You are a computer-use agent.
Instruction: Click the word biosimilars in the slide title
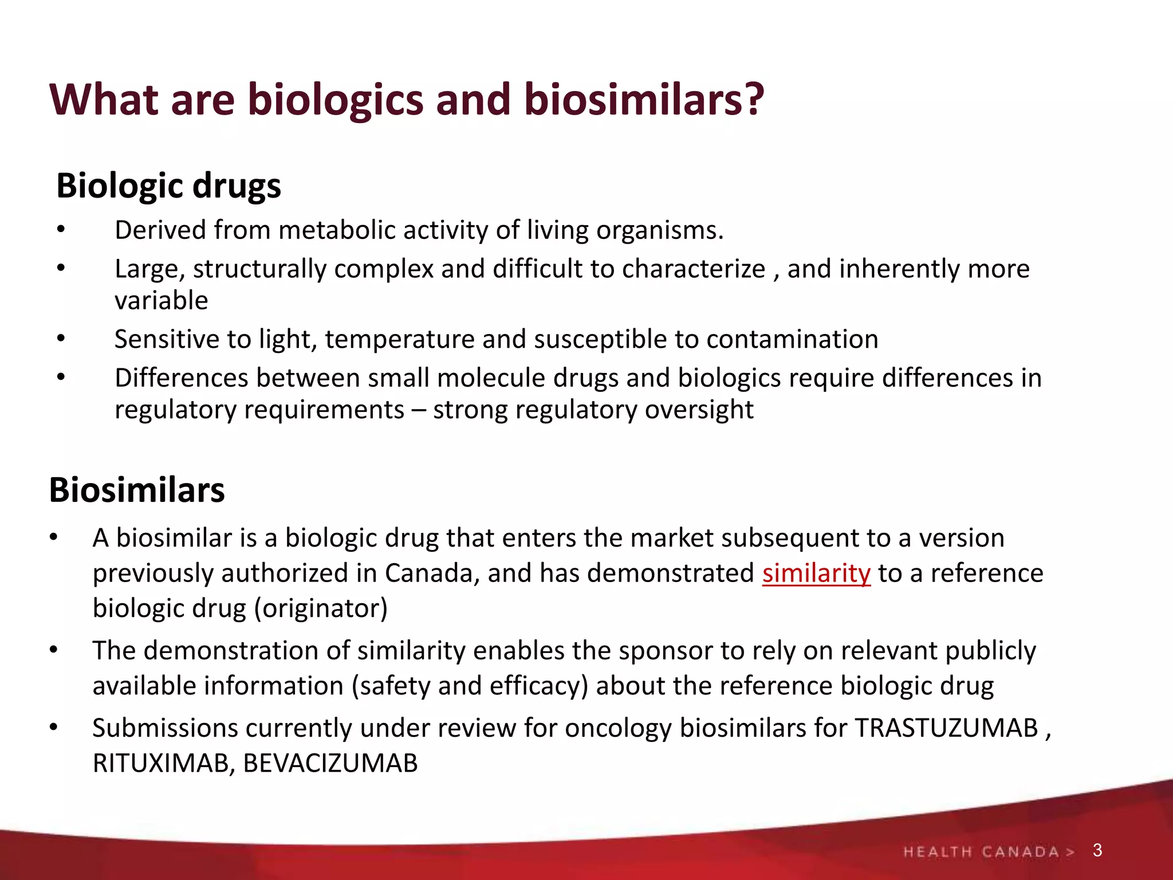(644, 100)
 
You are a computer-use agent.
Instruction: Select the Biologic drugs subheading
(169, 186)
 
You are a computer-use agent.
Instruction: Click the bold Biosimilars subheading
(137, 490)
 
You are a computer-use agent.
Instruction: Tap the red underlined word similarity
(816, 573)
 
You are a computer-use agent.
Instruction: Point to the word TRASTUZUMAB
(946, 728)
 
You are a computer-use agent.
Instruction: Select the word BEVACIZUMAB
(330, 763)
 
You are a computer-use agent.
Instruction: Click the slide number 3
(1097, 850)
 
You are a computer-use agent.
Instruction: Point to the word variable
(162, 301)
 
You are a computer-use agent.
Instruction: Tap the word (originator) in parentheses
(321, 608)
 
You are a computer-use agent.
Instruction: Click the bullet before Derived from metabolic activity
(61, 230)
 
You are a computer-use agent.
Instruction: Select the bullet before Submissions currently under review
(54, 728)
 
